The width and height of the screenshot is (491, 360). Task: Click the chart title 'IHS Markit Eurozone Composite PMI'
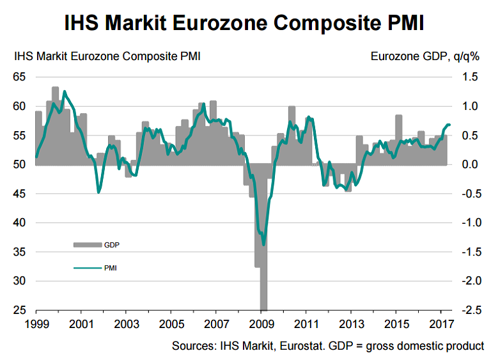245,23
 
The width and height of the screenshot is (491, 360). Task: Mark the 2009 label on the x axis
262,322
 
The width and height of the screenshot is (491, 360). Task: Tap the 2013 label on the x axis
352,322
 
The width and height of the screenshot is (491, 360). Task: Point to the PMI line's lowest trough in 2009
263,244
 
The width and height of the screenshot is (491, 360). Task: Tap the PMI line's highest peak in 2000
65,91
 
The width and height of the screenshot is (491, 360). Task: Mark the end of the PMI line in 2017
449,124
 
